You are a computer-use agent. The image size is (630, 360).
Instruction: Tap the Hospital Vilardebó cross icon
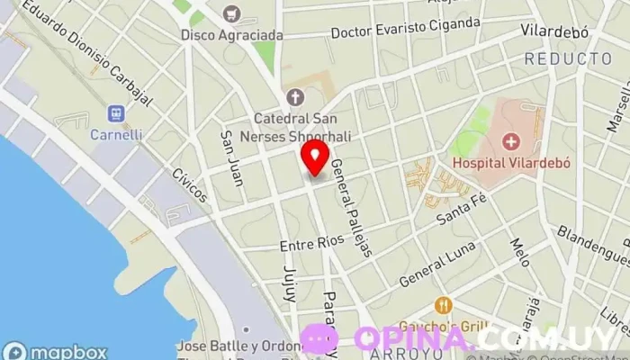[x=511, y=141]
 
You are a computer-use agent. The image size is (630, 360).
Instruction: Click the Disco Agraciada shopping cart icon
[x=232, y=13]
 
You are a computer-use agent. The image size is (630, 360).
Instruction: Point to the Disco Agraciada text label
[x=231, y=35]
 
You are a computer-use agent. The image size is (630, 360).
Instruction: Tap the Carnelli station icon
[x=115, y=113]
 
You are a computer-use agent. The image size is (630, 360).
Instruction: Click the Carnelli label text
[x=115, y=135]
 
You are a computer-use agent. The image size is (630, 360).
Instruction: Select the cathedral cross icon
[x=294, y=96]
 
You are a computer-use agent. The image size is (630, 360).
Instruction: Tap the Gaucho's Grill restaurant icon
[x=442, y=306]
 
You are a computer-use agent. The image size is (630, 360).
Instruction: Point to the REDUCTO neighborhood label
[x=567, y=58]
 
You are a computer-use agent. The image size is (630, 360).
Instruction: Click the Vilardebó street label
[x=554, y=31]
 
